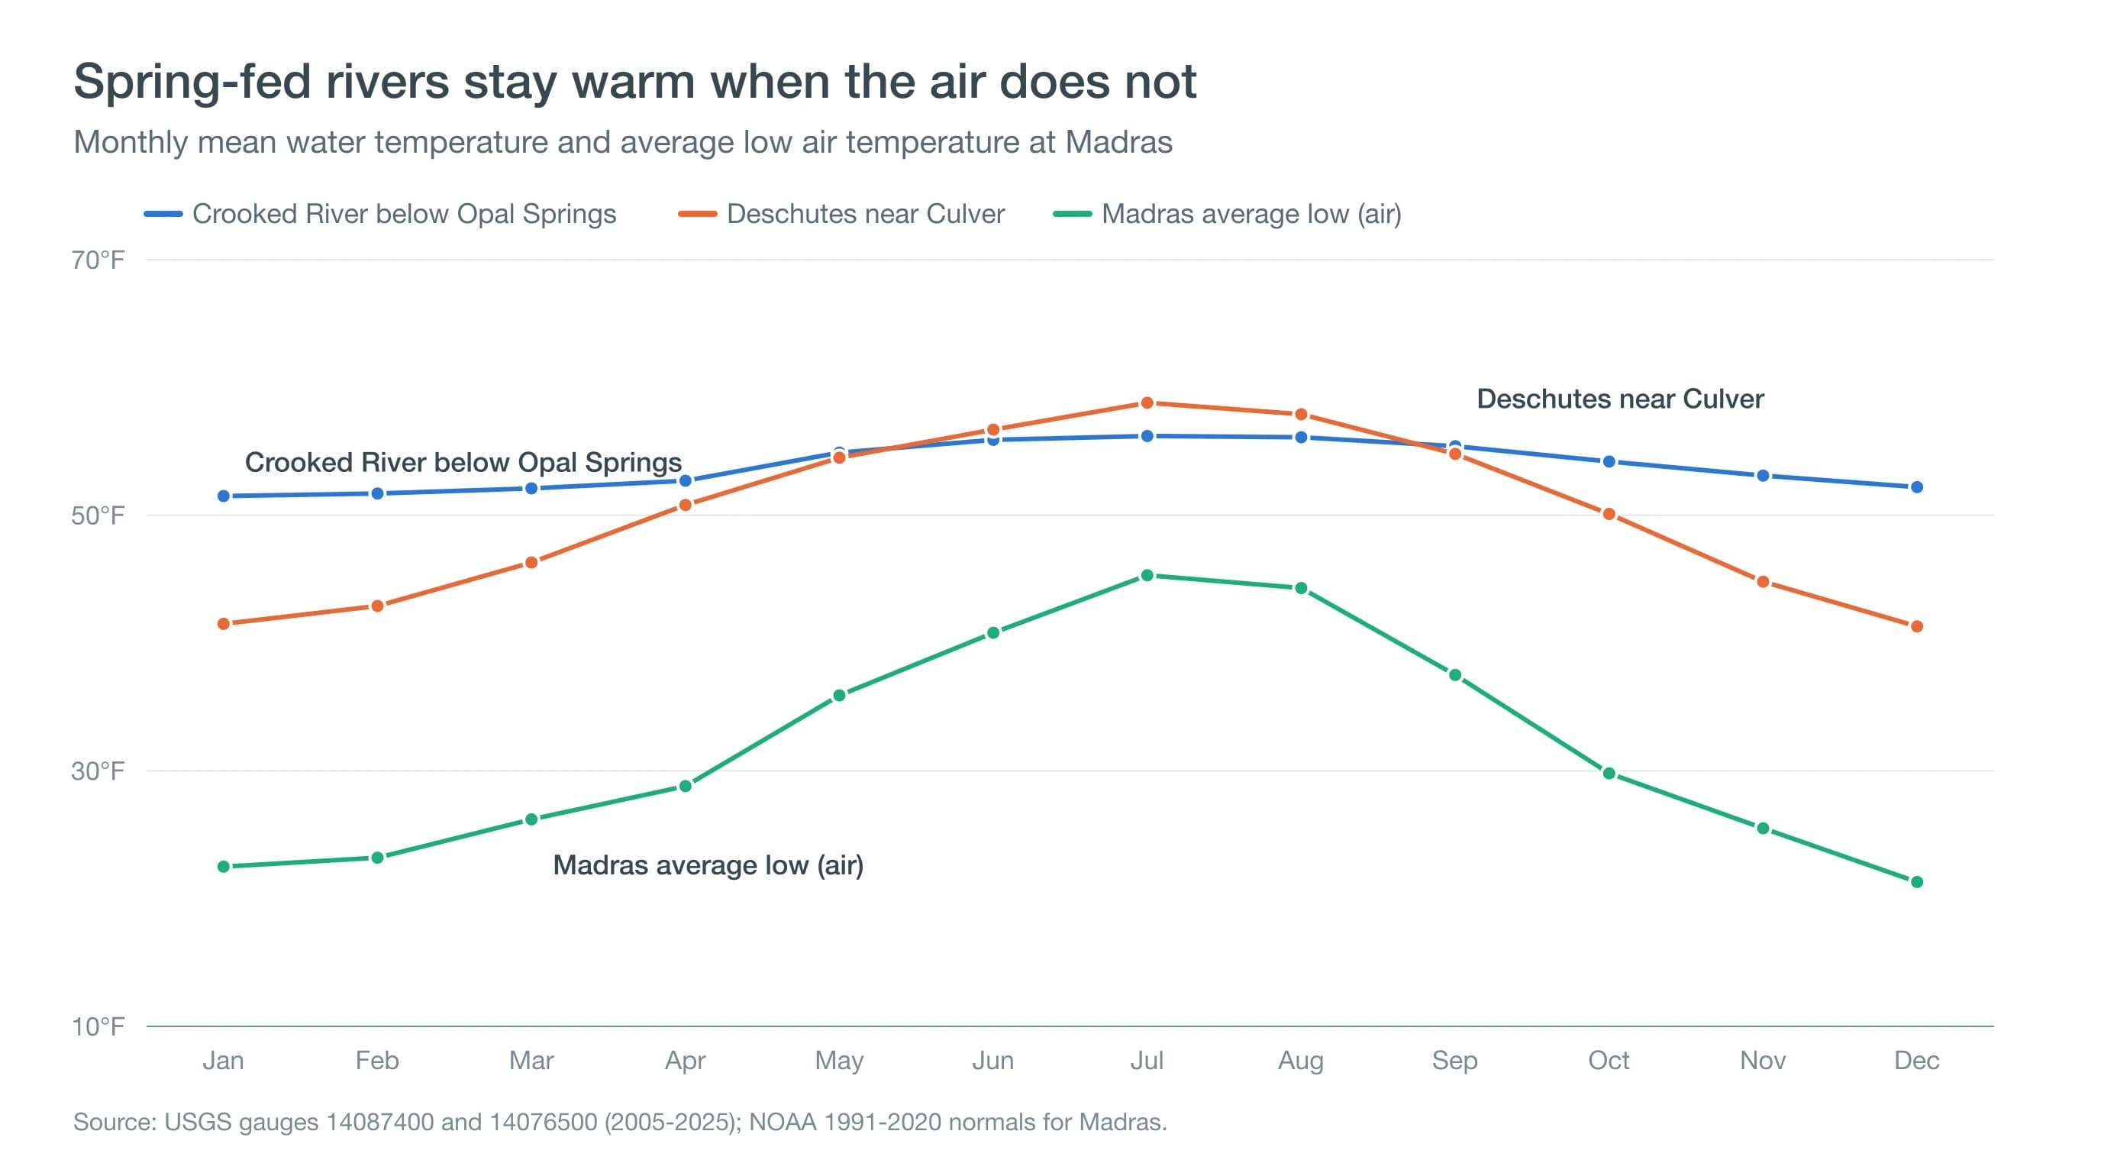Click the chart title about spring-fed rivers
coord(634,82)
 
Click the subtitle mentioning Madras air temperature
coord(623,142)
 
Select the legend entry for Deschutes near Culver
coord(841,214)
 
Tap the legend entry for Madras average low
coord(1227,214)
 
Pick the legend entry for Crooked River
coord(380,214)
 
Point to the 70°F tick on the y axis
coord(98,260)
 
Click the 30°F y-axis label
coord(98,771)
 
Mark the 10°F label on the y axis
coord(98,1026)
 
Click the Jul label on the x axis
coord(1147,1061)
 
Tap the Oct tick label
coord(1609,1061)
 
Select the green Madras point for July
coord(1147,575)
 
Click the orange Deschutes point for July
coord(1147,403)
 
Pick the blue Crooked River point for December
coord(1917,487)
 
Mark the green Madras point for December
coord(1917,882)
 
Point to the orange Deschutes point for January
coord(224,624)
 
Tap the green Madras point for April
coord(685,787)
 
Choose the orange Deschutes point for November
coord(1763,582)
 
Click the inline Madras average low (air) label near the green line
coord(708,864)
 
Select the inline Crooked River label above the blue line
coord(463,463)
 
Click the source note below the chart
coord(620,1123)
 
